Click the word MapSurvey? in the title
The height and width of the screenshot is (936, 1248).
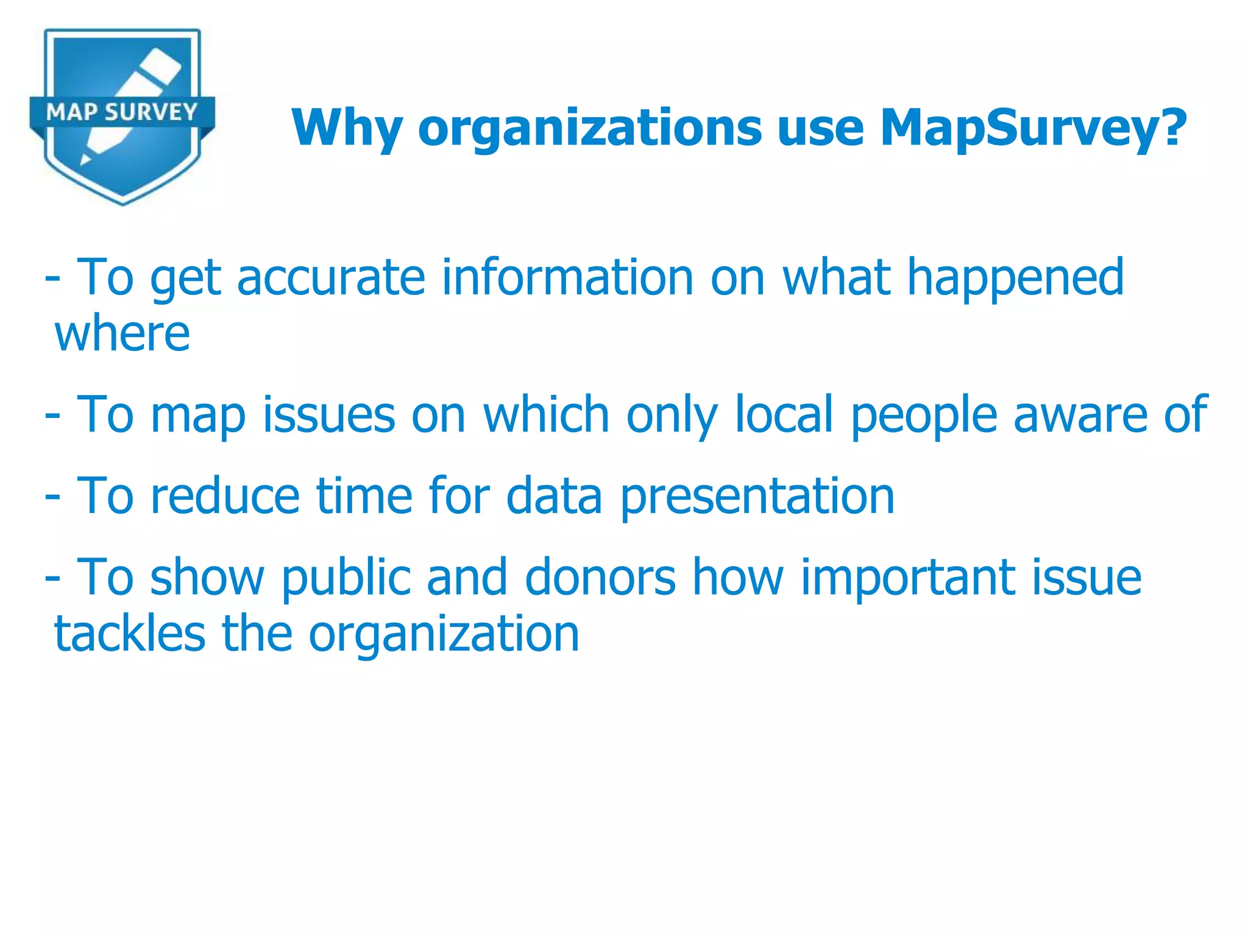coord(1033,128)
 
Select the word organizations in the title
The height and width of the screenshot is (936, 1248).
coord(589,128)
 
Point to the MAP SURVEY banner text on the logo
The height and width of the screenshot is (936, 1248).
coord(122,112)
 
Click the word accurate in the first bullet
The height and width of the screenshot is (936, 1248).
coord(330,277)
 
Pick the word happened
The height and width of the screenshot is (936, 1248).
coord(1015,277)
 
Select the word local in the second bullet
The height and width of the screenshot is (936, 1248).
coord(784,414)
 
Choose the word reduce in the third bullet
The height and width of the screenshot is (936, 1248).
coord(225,495)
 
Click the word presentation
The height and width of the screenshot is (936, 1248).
coord(757,495)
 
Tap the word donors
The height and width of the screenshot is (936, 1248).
coord(600,576)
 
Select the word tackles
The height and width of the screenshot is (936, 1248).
coord(130,634)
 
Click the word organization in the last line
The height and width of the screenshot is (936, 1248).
coord(444,634)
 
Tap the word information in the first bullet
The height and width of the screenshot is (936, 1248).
coord(567,277)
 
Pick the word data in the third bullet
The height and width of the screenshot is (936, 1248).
coord(554,495)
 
